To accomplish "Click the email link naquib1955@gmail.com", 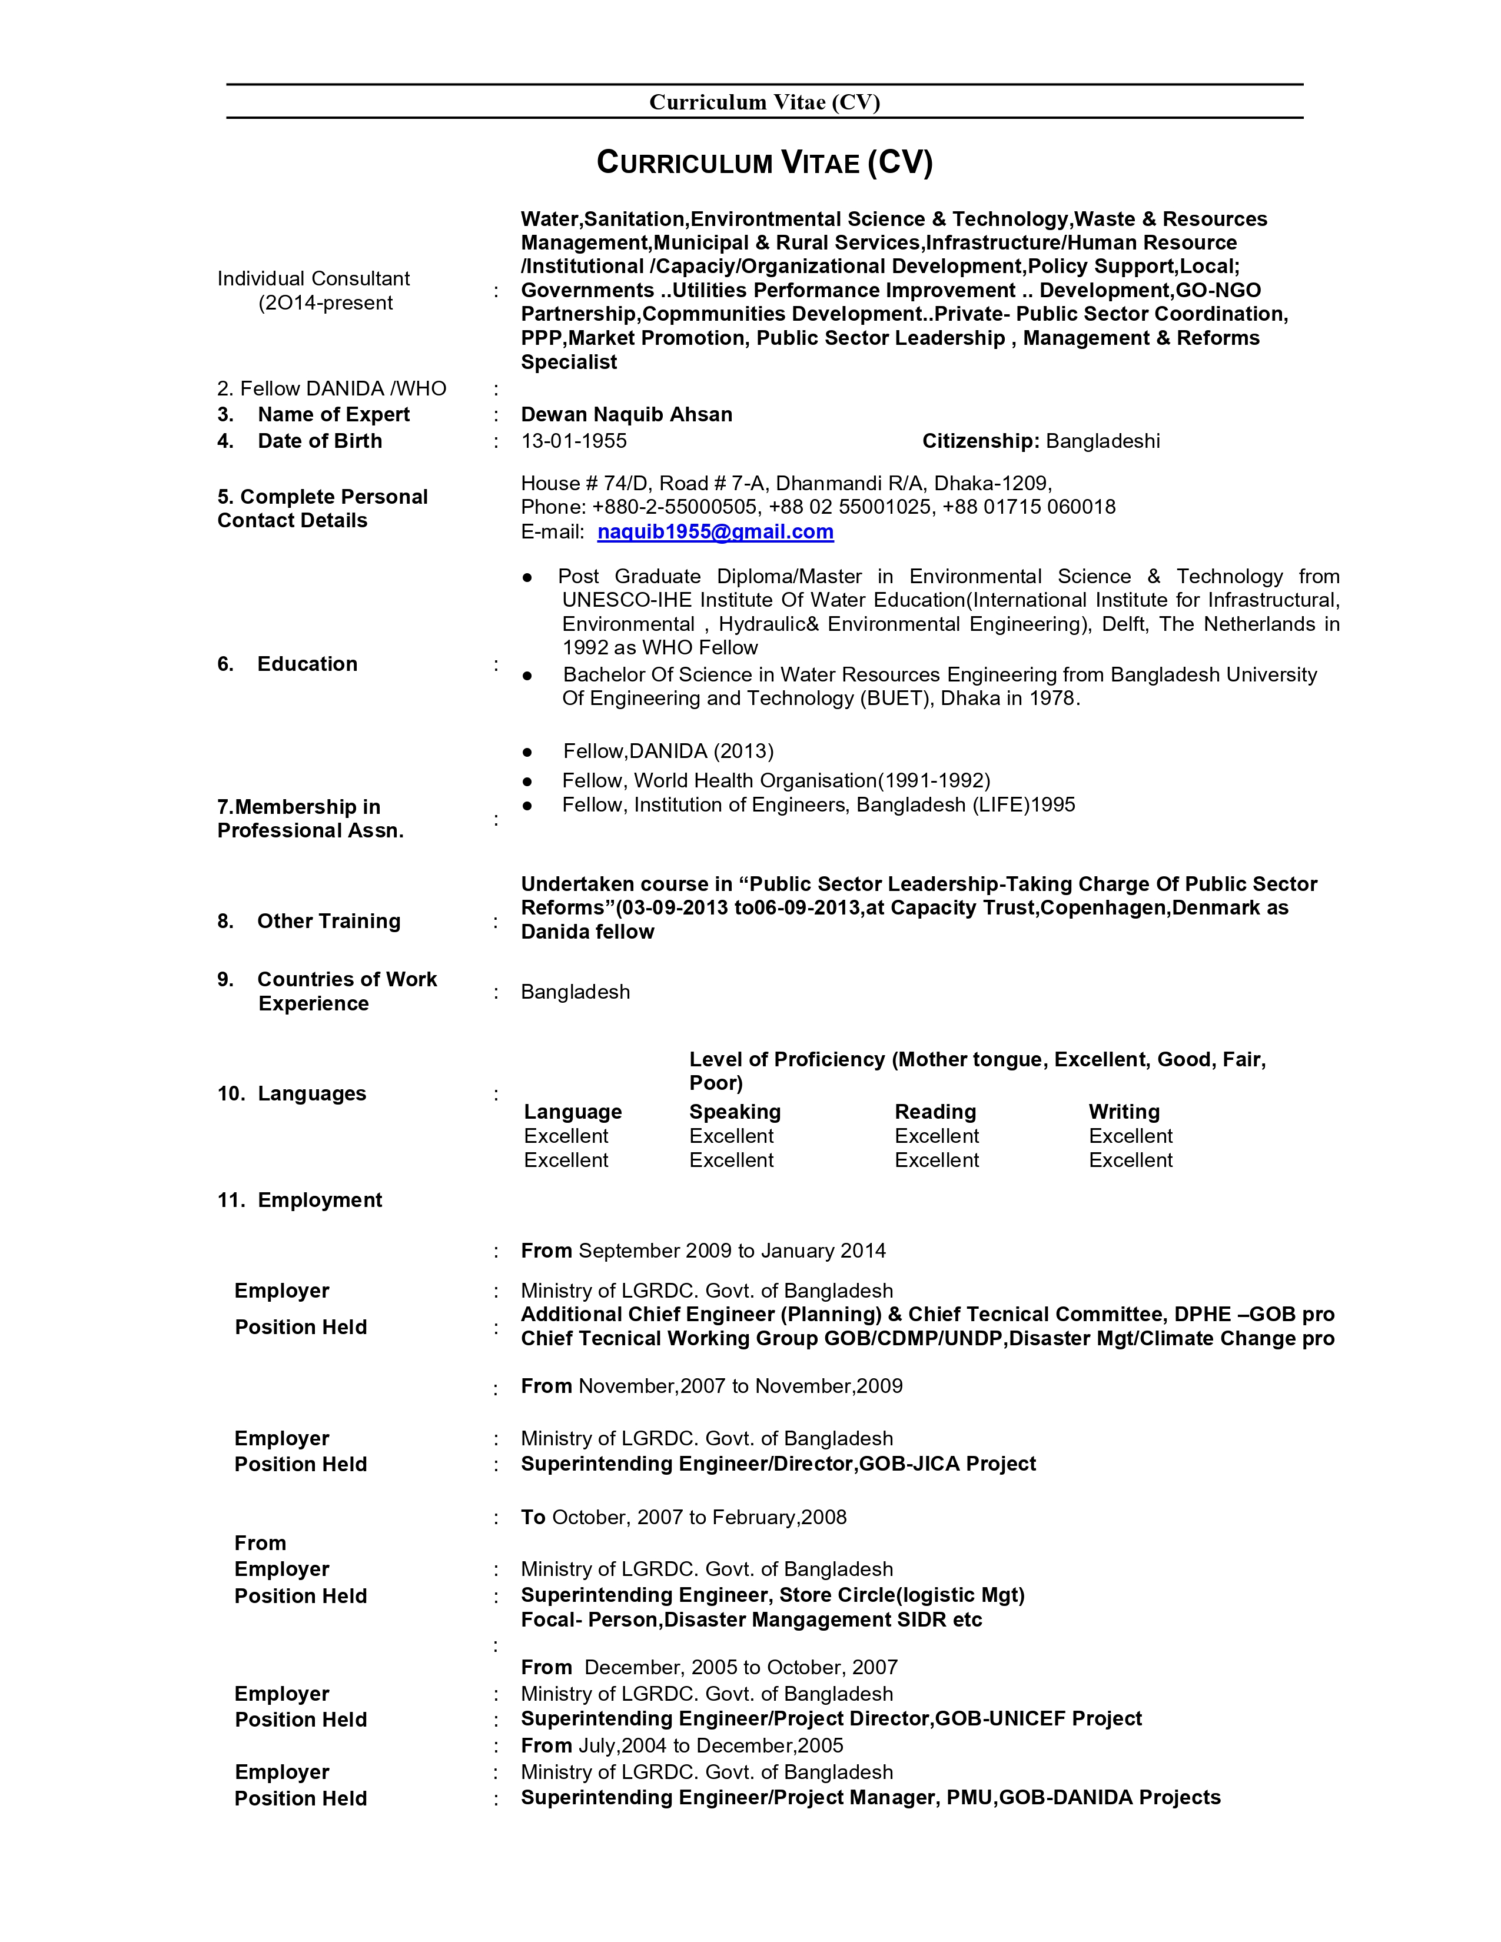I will (x=715, y=532).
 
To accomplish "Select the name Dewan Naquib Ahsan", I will (x=626, y=414).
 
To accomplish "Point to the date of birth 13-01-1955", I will (x=573, y=441).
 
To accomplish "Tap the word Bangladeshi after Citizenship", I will (x=1102, y=441).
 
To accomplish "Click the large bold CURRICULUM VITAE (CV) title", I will (x=764, y=163).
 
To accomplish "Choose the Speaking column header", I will (x=735, y=1112).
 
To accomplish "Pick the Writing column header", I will (x=1124, y=1112).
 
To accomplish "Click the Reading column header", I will (x=935, y=1112).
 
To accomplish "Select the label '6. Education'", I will (x=288, y=664).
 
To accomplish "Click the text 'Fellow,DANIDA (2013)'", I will (x=668, y=751).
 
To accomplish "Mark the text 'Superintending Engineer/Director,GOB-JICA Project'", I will (x=778, y=1464).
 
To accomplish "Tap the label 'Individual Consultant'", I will (x=313, y=278).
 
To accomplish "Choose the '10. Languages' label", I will (x=291, y=1094).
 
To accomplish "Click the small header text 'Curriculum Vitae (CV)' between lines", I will (x=764, y=102).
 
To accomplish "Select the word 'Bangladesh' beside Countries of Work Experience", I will (x=575, y=992).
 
